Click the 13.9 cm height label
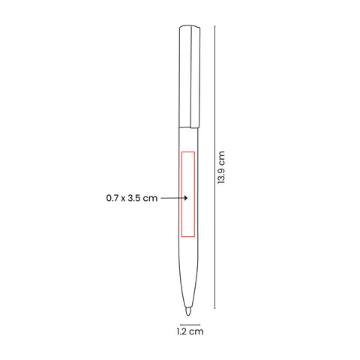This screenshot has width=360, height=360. click(221, 167)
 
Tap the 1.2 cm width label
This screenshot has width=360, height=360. click(190, 331)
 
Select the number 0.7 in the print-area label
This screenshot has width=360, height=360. click(112, 198)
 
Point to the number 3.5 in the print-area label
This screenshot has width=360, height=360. click(135, 198)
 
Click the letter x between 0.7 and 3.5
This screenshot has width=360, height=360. click(123, 199)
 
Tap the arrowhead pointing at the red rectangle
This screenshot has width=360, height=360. click(185, 198)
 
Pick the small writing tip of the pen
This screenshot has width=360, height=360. click(188, 312)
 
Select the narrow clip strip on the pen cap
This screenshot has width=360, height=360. click(195, 76)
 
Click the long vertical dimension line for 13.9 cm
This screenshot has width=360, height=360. click(214, 167)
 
